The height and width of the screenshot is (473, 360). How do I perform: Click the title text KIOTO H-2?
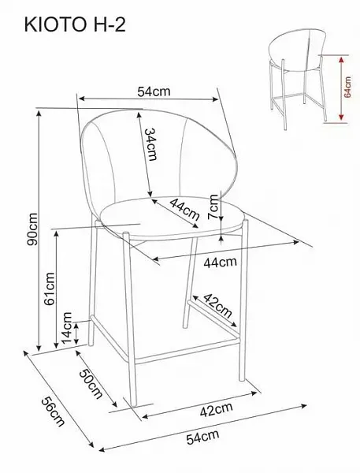(x=75, y=24)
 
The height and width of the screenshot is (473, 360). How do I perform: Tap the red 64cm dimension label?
(x=347, y=87)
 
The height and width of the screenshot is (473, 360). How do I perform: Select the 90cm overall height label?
(x=32, y=229)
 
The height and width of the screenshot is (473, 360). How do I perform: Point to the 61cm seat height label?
(x=50, y=289)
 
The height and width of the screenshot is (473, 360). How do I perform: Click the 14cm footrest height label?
(x=67, y=328)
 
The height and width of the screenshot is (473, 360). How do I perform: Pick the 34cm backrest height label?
(x=150, y=144)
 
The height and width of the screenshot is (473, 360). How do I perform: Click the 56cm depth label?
(x=53, y=412)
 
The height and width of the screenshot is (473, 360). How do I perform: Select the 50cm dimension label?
(x=91, y=383)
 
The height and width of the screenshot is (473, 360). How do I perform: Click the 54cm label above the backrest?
(x=154, y=91)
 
